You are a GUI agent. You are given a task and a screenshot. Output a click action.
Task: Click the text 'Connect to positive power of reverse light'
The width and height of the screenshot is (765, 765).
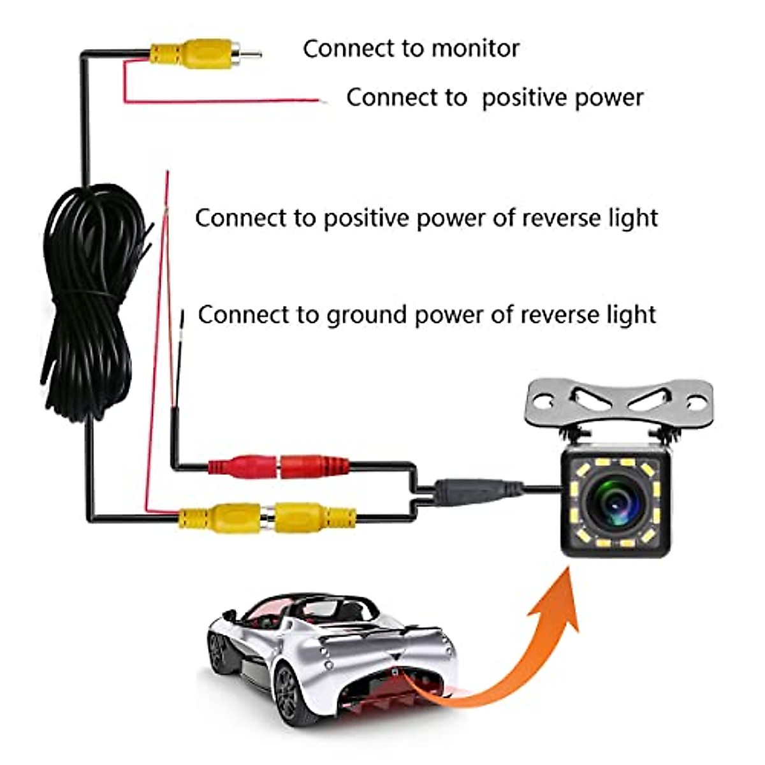(x=426, y=218)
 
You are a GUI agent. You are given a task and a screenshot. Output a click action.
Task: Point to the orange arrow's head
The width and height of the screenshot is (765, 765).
(x=558, y=599)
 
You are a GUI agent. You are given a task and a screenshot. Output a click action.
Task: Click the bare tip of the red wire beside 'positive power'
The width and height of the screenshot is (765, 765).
(x=323, y=101)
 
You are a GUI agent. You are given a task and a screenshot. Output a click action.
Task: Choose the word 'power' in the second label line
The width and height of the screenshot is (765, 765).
(x=609, y=98)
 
